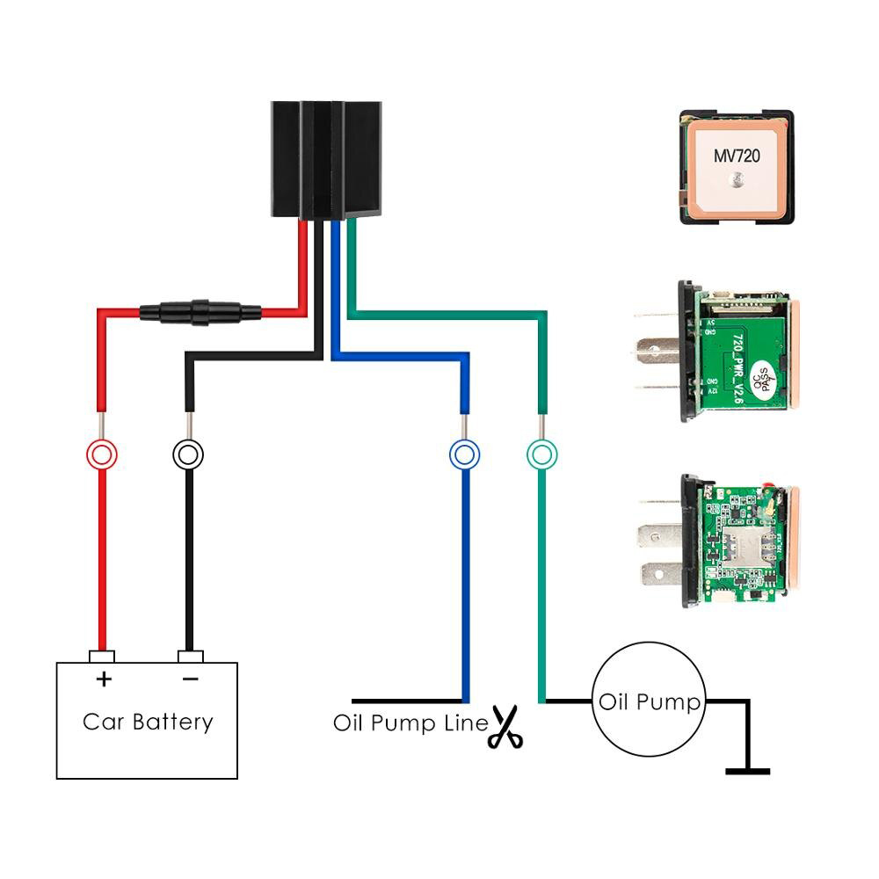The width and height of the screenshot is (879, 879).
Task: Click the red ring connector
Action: click(101, 454)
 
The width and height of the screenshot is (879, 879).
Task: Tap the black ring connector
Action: click(188, 454)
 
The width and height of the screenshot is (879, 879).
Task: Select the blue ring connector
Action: click(464, 454)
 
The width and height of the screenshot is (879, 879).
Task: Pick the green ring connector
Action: click(541, 454)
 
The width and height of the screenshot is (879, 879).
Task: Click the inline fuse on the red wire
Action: click(200, 311)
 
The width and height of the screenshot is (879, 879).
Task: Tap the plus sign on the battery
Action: click(103, 679)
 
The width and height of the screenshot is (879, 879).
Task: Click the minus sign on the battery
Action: click(190, 679)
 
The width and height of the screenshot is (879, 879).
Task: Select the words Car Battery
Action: click(148, 723)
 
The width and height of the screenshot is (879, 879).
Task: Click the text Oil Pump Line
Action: click(410, 723)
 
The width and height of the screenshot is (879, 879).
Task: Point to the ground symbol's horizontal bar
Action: click(748, 772)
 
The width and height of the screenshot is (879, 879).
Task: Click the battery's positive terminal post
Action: click(102, 656)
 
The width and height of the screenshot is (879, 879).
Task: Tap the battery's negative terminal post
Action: click(190, 656)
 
